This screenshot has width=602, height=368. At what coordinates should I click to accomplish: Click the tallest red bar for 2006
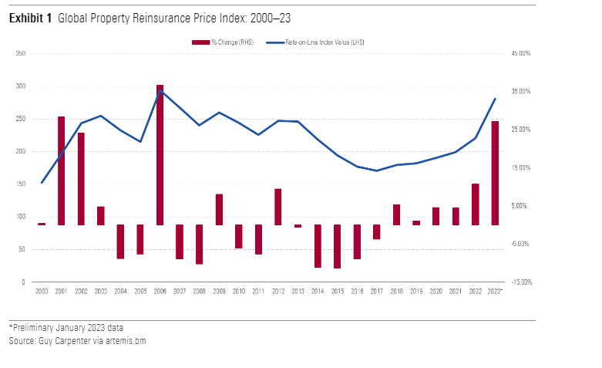[x=160, y=154]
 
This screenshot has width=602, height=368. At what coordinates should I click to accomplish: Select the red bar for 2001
[x=61, y=170]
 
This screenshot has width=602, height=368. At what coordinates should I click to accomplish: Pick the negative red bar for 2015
[x=337, y=246]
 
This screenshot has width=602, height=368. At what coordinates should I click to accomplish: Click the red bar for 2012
[x=277, y=207]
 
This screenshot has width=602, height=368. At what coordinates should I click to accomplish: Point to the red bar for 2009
[x=219, y=209]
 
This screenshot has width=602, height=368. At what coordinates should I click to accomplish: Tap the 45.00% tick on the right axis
[x=520, y=54]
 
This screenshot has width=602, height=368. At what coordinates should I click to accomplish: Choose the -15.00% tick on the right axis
[x=521, y=282]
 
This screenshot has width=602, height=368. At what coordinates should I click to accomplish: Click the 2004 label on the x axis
[x=120, y=292]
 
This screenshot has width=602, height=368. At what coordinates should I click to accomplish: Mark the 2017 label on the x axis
[x=376, y=292]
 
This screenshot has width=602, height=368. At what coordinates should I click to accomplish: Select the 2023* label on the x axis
[x=496, y=292]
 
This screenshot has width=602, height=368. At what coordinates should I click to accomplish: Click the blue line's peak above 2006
[x=160, y=90]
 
